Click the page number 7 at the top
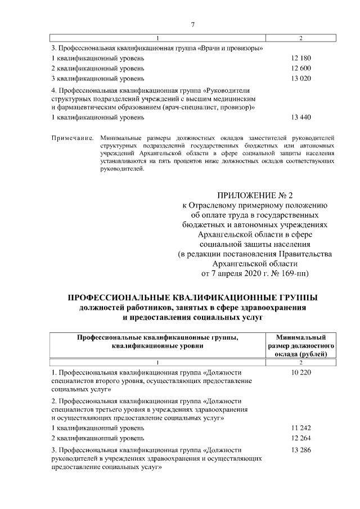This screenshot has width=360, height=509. coord(192,25)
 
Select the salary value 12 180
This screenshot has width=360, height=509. coord(301,58)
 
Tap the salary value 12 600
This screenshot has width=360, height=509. coord(301,68)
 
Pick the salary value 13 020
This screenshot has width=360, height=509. coord(301,78)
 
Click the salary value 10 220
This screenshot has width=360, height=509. coord(301,372)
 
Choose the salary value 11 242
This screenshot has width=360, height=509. coord(301,427)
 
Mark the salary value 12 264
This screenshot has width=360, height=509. coord(301,438)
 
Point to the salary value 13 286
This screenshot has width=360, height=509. coord(301,451)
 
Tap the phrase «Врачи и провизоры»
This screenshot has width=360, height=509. coord(230,48)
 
